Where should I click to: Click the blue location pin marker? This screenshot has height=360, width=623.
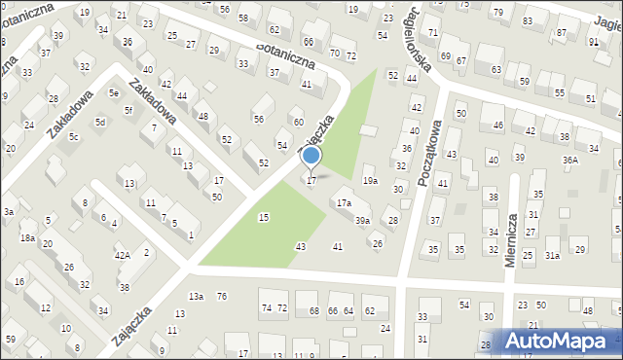point(311,156)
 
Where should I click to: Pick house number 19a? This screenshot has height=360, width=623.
point(370,181)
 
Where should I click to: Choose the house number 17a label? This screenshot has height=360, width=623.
point(344,203)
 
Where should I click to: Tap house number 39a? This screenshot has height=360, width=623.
point(362,221)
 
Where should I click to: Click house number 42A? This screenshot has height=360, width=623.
point(123,255)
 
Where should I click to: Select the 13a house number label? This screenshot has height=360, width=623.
point(197,296)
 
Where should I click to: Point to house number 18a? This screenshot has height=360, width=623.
point(28,237)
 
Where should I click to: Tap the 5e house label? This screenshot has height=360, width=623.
point(114,93)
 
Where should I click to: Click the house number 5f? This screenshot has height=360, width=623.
point(128,110)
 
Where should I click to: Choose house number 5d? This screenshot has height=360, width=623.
point(100,123)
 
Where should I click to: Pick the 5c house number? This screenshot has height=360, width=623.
point(73,137)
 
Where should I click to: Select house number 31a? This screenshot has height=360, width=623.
point(552,255)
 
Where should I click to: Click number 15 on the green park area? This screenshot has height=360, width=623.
point(264,217)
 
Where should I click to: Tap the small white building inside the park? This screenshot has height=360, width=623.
point(368,130)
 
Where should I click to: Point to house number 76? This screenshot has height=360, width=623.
point(222,296)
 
